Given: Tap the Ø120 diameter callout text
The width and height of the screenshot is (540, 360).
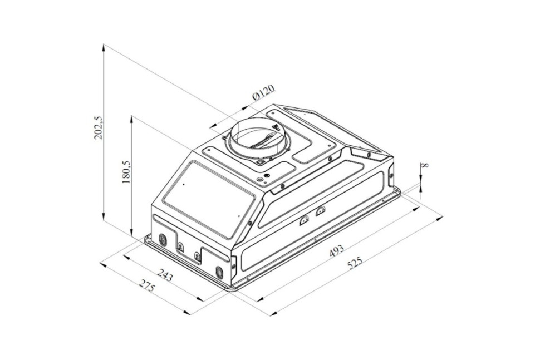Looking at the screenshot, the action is [x=263, y=92].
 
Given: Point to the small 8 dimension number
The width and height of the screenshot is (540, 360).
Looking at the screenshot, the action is [x=426, y=165].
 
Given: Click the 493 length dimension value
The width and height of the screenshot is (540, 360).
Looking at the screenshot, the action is [x=336, y=251].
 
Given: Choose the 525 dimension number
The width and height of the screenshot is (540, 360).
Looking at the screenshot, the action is [x=355, y=264].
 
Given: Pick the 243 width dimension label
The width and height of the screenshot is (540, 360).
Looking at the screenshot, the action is [x=165, y=275].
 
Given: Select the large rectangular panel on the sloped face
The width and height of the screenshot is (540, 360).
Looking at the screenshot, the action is [x=208, y=200].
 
